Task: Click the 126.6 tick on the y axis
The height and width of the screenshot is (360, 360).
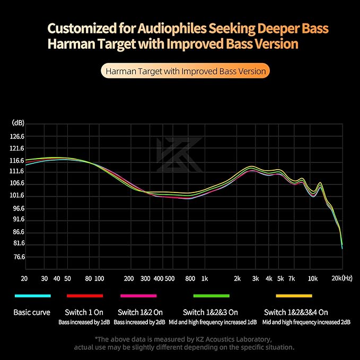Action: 17,136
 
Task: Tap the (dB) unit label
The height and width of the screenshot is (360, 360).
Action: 17,122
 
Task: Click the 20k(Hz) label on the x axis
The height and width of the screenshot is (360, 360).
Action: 342,278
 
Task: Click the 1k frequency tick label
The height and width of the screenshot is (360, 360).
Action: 205,278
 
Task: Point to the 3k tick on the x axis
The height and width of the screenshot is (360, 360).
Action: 256,278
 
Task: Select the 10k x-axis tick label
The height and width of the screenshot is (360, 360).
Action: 313,278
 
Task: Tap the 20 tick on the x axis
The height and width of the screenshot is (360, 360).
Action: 24,278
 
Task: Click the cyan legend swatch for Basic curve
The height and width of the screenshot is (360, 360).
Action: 33,296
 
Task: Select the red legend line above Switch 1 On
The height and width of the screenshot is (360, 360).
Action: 85,296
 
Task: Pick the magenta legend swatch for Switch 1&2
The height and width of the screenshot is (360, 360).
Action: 138,296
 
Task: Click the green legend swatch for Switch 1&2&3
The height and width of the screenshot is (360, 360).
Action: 212,296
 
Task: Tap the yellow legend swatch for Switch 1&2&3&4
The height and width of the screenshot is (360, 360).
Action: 294,296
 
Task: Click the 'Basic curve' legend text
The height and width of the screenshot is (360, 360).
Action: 32,312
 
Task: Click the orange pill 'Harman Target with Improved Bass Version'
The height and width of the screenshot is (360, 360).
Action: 186,71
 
